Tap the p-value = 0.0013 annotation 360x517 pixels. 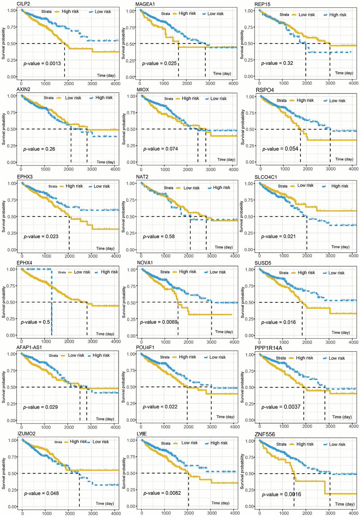tap(42, 64)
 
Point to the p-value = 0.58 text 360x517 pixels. tap(158, 236)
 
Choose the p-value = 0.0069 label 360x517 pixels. tap(158, 322)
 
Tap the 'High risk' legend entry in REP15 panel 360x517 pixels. tap(338, 15)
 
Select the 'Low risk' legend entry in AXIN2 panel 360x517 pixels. tap(73, 98)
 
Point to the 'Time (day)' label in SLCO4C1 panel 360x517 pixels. tap(340, 247)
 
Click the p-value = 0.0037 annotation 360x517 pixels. tap(281, 407)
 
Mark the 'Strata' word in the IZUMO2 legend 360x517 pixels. tap(58, 442)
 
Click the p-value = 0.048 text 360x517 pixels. tap(41, 493)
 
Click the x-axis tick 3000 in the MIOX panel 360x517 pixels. tap(211, 169)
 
